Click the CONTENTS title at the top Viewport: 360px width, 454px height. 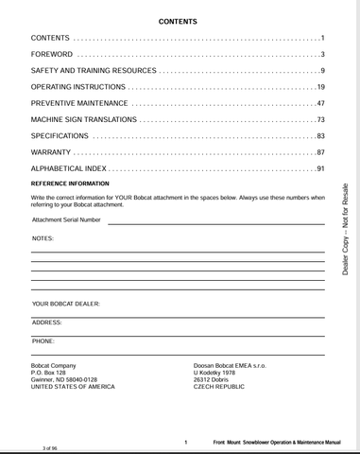(x=177, y=21)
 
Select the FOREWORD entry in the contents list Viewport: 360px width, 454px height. (x=52, y=54)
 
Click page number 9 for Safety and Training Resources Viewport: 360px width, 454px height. (x=322, y=71)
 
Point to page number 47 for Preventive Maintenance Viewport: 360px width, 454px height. (x=320, y=103)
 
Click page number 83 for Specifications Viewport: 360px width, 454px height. (x=320, y=136)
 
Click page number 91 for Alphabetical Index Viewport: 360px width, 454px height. (x=320, y=168)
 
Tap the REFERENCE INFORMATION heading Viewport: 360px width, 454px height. (x=70, y=183)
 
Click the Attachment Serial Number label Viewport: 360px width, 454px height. (x=66, y=219)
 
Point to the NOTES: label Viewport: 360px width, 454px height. (x=43, y=238)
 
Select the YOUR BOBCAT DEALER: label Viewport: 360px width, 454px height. (x=66, y=304)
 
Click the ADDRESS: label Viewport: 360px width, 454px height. (x=47, y=323)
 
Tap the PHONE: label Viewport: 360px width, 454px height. (x=43, y=340)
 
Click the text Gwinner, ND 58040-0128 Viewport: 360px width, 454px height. (x=64, y=379)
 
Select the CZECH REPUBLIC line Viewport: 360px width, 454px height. (x=220, y=387)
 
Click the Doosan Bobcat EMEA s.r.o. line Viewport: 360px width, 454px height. (x=231, y=365)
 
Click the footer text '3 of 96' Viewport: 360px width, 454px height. (x=50, y=445)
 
